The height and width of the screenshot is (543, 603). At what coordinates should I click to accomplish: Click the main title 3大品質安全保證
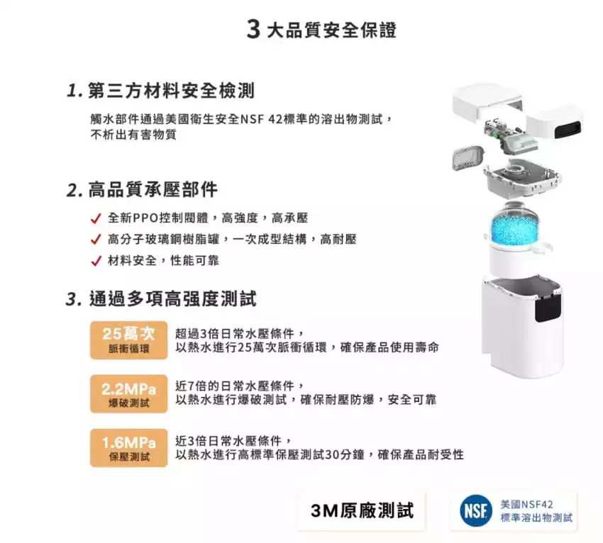321,30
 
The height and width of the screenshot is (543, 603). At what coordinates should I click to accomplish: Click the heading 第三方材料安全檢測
161,91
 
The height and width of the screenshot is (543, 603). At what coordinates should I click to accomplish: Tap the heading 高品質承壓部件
142,189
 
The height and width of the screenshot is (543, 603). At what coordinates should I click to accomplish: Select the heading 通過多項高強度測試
161,298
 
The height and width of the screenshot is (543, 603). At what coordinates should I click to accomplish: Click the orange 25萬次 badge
129,340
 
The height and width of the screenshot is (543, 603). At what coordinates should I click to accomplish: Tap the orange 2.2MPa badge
129,394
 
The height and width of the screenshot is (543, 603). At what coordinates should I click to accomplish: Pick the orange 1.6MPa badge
129,448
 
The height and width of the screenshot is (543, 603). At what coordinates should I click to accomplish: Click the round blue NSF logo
476,510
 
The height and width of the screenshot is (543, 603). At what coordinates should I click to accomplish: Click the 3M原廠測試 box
362,510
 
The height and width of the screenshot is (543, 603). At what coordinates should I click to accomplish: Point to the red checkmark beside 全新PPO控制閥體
96,218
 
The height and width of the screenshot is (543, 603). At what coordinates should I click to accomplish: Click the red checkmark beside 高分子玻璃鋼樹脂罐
96,240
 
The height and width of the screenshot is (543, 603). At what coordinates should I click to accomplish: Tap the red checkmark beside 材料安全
96,261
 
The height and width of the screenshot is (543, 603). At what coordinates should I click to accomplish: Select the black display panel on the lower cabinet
548,310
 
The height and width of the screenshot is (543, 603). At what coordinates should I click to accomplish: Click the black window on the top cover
569,129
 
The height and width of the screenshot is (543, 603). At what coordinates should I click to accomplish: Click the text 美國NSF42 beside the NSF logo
526,504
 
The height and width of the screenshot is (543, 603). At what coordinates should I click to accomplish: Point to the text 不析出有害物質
133,135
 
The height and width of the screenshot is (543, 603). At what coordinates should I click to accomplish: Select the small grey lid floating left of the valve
468,157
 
